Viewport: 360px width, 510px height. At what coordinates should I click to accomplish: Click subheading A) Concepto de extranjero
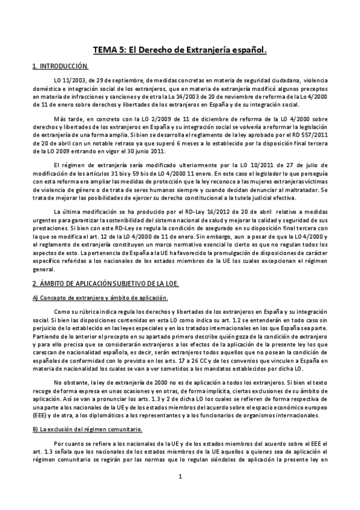100,298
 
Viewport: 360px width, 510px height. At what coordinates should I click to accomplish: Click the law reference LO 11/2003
66,80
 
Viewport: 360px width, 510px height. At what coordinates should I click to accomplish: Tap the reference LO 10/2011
240,165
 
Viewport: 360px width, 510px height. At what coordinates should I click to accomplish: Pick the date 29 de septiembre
116,80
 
